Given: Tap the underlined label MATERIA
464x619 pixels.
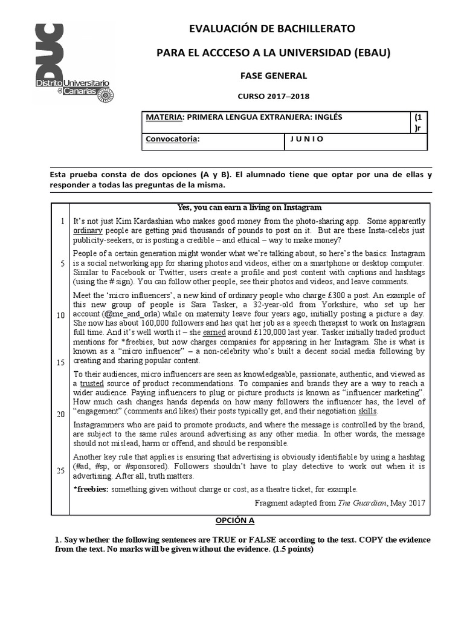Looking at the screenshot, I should tap(163, 117).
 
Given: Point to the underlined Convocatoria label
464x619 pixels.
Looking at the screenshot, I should tap(172, 139).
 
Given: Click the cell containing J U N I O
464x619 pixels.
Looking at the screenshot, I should tap(307, 139).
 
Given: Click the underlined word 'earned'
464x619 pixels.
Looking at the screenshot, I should tap(214, 332).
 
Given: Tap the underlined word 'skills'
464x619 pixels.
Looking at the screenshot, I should tap(368, 411).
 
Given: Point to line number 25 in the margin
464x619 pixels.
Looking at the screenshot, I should tap(61, 470).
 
